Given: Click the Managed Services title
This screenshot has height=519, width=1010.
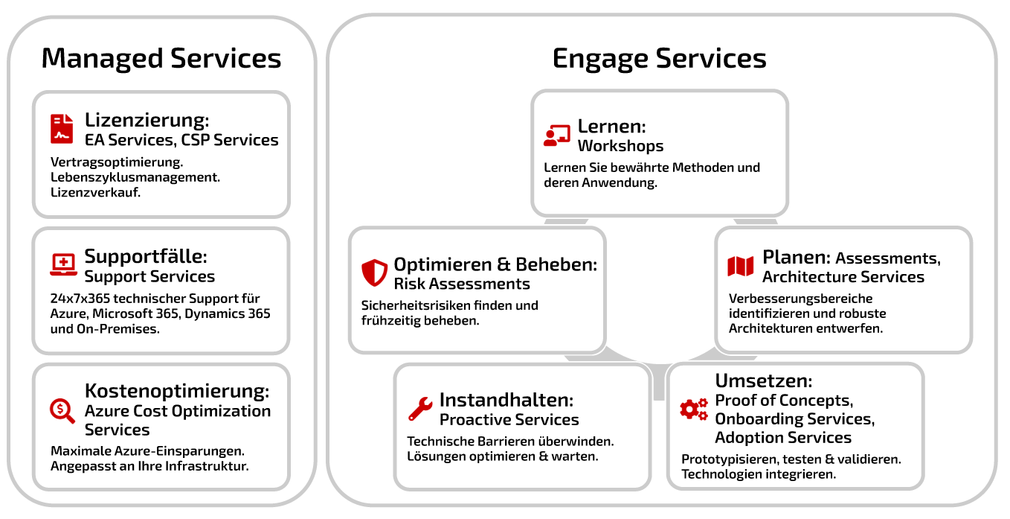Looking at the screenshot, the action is click(161, 59).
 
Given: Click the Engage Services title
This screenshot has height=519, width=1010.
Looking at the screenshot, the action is click(659, 59).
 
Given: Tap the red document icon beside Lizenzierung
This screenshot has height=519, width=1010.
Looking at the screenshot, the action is click(62, 129).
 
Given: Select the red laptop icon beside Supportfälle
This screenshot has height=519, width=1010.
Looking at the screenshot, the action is click(63, 264).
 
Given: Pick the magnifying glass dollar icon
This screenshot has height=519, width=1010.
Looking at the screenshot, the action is click(62, 411).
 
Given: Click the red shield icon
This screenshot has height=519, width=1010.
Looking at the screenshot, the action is click(374, 273).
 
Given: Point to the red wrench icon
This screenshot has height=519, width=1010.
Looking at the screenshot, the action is click(420, 409).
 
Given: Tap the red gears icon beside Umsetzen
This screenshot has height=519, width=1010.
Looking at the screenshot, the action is click(694, 409).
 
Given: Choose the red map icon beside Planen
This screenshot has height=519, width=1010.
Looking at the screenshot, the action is click(740, 267).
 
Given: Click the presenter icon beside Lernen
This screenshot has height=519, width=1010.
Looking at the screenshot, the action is click(557, 136).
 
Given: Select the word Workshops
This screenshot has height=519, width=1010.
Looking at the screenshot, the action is click(620, 146).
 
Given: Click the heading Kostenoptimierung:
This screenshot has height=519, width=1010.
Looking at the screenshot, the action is click(177, 391).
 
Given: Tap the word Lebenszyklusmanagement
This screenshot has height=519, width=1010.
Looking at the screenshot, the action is click(135, 177).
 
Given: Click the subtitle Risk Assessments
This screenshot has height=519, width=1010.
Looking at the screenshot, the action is click(462, 284).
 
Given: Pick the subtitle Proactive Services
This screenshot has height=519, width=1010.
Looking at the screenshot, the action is click(509, 420).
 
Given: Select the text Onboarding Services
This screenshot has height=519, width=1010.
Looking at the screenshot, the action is click(795, 418).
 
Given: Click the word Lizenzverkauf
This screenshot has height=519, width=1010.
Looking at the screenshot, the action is click(96, 193).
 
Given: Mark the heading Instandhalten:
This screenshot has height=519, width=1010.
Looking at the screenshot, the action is click(506, 400).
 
